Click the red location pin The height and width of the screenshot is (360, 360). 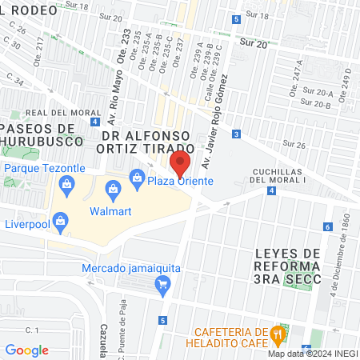(x=180, y=164)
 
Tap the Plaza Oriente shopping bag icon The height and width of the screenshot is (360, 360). (x=138, y=176)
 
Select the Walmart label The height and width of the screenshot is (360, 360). (x=110, y=212)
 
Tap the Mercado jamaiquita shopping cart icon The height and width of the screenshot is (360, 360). (x=162, y=282)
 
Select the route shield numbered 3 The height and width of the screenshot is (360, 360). (x=237, y=134)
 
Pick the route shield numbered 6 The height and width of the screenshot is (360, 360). (x=328, y=226)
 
